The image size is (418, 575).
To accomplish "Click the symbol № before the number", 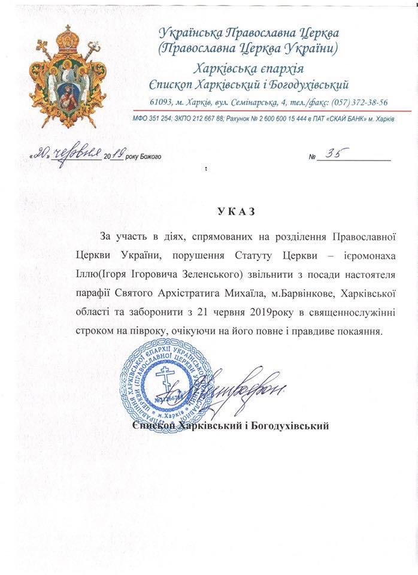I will (311, 158).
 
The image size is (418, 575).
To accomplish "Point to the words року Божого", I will (143, 158).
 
